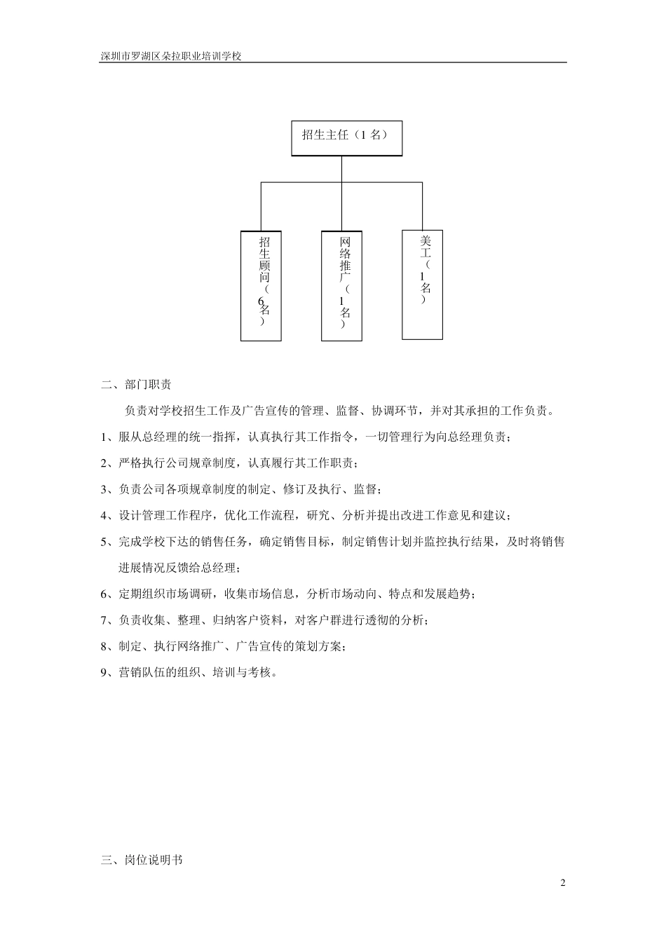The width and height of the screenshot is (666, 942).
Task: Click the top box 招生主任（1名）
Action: tap(346, 137)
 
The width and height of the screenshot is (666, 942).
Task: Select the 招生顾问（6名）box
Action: tap(261, 286)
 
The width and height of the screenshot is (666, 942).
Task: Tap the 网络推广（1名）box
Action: tap(341, 286)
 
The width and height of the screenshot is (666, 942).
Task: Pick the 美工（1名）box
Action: tap(422, 285)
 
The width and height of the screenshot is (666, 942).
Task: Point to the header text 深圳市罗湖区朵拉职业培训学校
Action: tap(171, 56)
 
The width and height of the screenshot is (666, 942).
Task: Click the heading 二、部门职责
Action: tap(137, 384)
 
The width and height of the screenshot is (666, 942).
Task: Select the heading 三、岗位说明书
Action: tap(142, 859)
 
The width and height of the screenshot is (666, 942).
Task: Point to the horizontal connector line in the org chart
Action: tap(341, 183)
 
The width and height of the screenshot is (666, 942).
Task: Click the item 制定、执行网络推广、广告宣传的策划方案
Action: tap(232, 646)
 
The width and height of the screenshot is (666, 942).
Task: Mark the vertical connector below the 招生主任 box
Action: tap(341, 169)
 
